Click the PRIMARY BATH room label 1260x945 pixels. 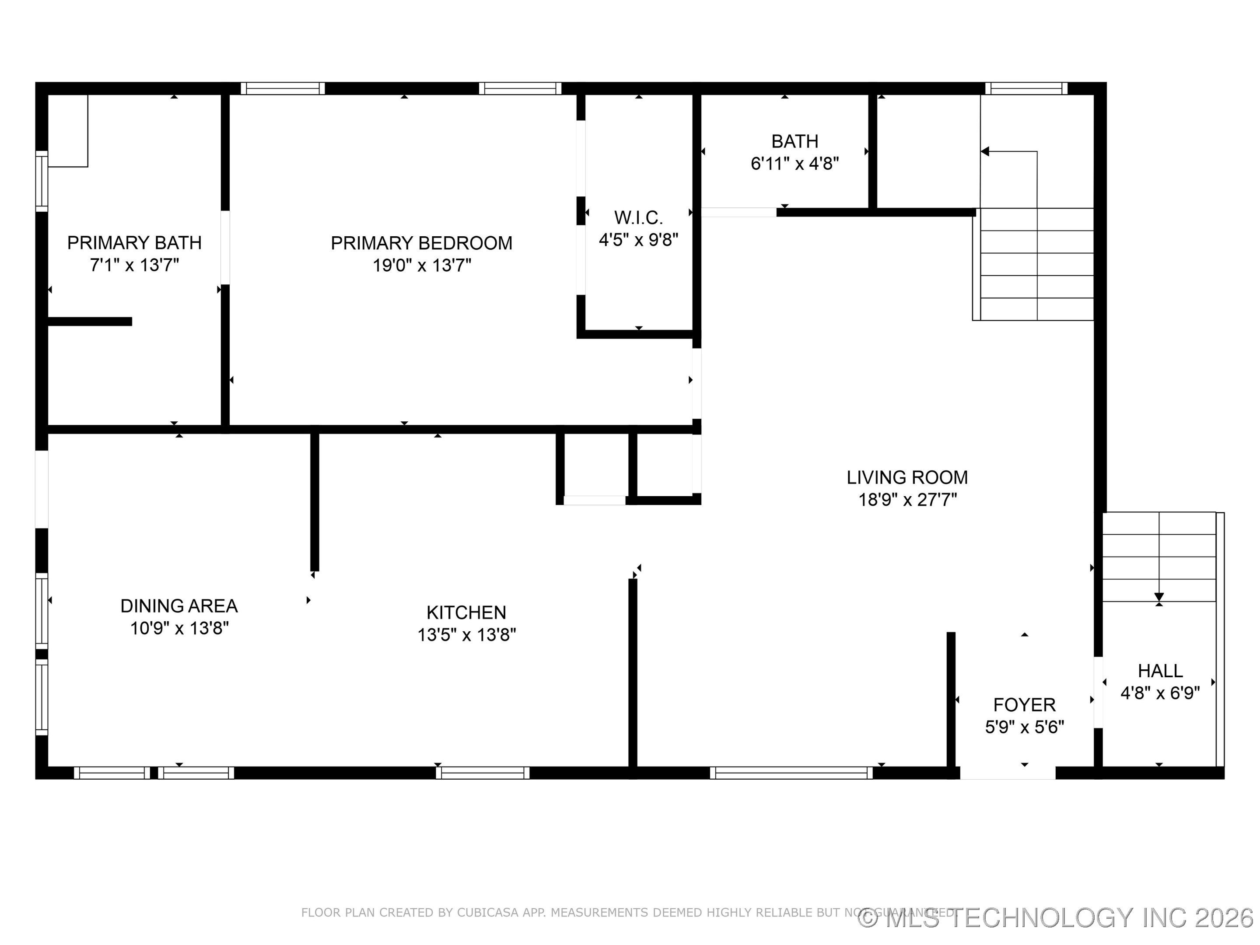[134, 243]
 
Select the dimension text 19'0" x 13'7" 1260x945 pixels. [421, 266]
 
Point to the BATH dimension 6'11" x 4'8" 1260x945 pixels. [794, 164]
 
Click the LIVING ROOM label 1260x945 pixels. [907, 477]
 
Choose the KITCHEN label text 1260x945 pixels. [466, 612]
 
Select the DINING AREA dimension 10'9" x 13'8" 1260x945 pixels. [179, 628]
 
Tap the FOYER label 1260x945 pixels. [1024, 705]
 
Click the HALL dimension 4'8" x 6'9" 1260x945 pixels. [1160, 693]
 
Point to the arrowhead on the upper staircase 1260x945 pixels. [985, 151]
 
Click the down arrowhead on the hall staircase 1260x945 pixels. [1158, 597]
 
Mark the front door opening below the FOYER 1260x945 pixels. [1007, 773]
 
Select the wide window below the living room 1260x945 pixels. [791, 773]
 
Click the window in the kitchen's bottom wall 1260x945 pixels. [483, 773]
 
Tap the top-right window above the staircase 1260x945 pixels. [1026, 88]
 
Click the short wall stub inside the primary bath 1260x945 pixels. [89, 321]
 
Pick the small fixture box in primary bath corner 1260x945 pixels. [68, 130]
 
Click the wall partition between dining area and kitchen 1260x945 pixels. [315, 501]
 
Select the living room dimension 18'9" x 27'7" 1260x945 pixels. [907, 500]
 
